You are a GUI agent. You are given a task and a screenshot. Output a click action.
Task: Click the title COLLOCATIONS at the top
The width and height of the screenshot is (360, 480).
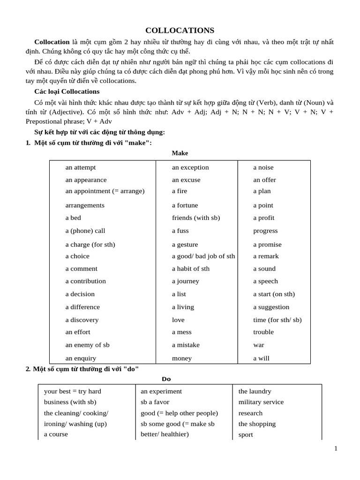pos(180,30)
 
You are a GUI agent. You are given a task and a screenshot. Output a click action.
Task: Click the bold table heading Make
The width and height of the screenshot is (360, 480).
pos(180,153)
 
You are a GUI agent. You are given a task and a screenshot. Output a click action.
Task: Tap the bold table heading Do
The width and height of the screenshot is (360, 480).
pos(166,379)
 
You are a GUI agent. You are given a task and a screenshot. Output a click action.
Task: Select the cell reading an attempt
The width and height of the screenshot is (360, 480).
pos(81,167)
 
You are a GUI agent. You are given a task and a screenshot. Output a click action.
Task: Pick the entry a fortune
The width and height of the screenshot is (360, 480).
pos(185,205)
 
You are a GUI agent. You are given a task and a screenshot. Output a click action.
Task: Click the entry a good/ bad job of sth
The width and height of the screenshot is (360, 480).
pos(203,256)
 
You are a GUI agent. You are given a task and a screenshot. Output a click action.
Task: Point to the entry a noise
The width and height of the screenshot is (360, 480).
pos(263,167)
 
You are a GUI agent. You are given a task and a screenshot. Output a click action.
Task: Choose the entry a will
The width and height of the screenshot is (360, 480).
pos(262,358)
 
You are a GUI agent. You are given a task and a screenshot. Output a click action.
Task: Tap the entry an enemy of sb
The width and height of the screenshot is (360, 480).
pos(87,345)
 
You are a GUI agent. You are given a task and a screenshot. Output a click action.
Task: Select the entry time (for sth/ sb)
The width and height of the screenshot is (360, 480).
pos(277,320)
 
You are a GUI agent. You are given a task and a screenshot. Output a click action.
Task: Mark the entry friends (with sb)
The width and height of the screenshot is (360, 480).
pos(196,217)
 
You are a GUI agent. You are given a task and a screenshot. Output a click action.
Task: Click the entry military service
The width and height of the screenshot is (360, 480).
pos(261,402)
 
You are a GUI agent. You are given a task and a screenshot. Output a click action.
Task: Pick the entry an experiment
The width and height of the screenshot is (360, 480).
pos(161,391)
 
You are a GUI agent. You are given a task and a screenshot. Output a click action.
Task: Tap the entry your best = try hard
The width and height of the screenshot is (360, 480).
pos(73,391)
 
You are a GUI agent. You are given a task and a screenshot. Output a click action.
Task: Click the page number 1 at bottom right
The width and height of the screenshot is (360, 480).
pos(336,449)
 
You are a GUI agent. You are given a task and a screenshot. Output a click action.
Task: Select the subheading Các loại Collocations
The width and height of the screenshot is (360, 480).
pos(67,91)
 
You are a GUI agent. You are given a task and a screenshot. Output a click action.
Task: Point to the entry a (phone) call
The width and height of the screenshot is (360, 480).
pos(85,231)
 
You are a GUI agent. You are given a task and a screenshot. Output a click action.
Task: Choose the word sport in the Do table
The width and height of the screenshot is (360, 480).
pos(246,435)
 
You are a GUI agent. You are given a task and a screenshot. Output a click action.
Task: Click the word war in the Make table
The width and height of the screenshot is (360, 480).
pos(259,345)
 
